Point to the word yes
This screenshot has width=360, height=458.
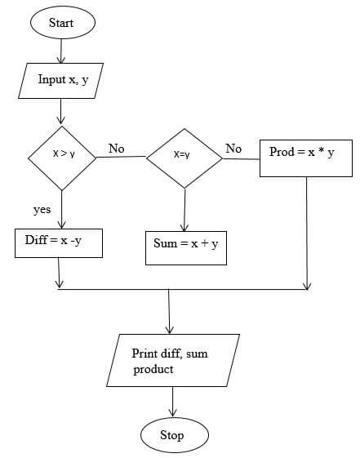point(42,210)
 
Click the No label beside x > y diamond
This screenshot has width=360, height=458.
point(117,149)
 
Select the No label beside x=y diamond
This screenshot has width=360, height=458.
point(233,149)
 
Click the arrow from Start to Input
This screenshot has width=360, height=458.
point(61,51)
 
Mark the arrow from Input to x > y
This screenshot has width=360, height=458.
point(60,111)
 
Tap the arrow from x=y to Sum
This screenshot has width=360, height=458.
point(184,210)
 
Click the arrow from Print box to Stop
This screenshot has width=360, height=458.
point(172,402)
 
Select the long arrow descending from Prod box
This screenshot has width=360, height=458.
point(307,233)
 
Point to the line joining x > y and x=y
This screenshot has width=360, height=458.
point(121,157)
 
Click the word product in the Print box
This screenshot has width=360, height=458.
point(153,370)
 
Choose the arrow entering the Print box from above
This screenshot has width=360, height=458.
point(169,311)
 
